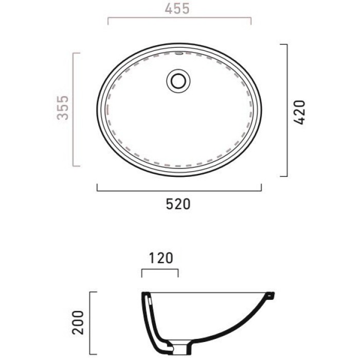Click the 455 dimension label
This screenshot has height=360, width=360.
coord(177,9)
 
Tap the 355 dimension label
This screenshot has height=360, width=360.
coord(63,108)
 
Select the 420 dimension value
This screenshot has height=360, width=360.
coord(299,112)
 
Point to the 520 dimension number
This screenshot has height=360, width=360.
coord(178,204)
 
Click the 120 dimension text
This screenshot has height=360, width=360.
coord(160,258)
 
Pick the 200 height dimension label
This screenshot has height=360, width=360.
coord(78,322)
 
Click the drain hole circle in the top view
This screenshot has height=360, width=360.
coord(178,81)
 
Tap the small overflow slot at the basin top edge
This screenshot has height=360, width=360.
coord(178,53)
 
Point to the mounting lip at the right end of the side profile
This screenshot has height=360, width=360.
coord(271,295)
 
